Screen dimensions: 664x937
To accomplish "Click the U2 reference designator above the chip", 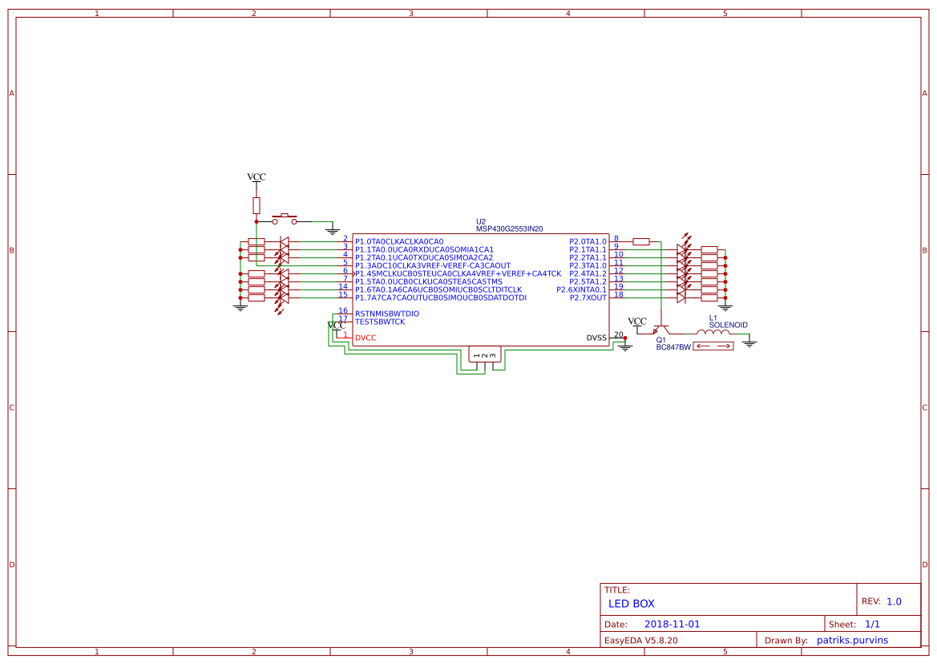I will (x=481, y=221).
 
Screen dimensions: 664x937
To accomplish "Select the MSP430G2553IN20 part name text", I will (x=510, y=229).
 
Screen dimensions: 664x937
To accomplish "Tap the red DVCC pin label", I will (x=366, y=338).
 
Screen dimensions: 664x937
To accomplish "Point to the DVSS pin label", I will (x=596, y=338).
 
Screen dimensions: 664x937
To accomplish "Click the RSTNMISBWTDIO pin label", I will (x=387, y=314).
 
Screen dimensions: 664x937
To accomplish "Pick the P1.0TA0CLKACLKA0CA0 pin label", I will (x=399, y=241).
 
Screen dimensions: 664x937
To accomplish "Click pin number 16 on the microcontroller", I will (x=343, y=310).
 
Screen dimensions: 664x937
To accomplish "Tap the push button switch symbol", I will (x=285, y=219).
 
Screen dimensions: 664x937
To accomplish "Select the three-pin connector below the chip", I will (x=484, y=354).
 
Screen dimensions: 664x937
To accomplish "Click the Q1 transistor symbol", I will (x=660, y=330).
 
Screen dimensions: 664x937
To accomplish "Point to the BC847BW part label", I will (x=673, y=347).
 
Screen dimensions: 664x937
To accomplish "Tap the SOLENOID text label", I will (x=728, y=325).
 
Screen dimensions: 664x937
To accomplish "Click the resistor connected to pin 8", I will (x=640, y=241).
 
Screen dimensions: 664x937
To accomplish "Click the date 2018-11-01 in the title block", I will (x=672, y=624).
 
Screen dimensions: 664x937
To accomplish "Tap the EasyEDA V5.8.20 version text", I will (x=640, y=640).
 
